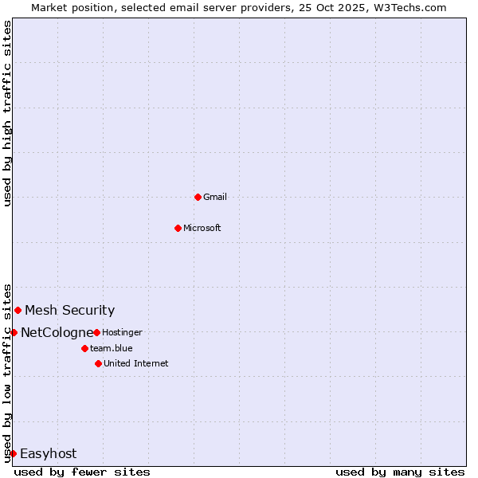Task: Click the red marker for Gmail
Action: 198,197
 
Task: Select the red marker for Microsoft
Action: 178,228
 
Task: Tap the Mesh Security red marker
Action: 18,310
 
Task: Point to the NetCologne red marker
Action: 14,332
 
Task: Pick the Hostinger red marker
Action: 96,332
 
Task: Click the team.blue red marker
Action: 84,348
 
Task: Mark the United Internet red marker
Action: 98,363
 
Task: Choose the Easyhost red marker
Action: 13,453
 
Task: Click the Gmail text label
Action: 215,197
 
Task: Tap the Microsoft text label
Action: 202,228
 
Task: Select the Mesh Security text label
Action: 69,311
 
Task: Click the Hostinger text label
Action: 122,332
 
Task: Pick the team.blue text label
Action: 112,348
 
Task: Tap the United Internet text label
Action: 136,363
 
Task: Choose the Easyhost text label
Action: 48,454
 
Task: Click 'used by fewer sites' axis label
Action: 82,472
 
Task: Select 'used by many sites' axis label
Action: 400,472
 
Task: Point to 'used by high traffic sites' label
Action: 7,113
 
